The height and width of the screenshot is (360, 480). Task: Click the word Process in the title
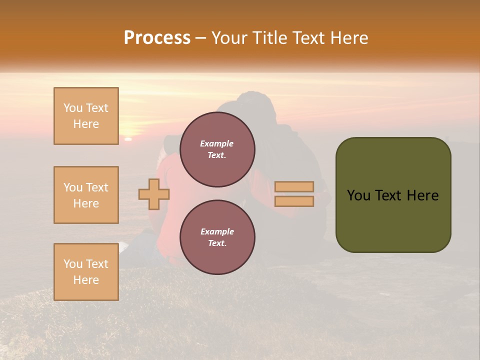click(157, 38)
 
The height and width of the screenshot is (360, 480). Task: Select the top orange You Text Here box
click(86, 116)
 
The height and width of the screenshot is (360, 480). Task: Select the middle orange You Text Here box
click(86, 195)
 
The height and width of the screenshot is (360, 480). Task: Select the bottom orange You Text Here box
click(86, 272)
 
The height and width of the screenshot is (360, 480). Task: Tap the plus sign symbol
click(154, 194)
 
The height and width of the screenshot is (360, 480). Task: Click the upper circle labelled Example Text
click(217, 149)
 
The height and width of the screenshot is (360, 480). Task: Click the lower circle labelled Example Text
click(217, 237)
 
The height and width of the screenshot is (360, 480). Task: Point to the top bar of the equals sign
click(294, 187)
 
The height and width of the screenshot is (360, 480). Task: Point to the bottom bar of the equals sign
click(294, 201)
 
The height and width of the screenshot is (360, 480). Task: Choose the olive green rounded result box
click(393, 195)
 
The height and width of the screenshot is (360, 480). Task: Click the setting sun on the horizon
click(128, 138)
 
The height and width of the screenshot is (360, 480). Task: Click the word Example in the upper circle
click(217, 143)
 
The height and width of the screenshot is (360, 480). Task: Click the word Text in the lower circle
click(217, 243)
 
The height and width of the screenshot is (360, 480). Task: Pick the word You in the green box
click(358, 195)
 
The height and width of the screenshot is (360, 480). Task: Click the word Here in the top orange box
click(86, 124)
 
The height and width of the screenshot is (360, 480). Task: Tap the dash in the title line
click(201, 38)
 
